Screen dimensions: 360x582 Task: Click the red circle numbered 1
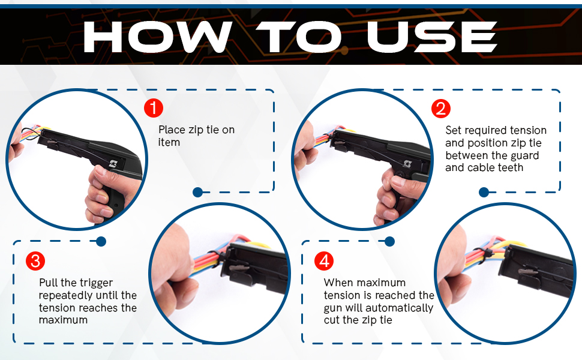click(x=154, y=109)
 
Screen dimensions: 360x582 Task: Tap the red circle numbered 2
click(x=441, y=109)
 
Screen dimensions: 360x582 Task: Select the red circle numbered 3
click(x=35, y=261)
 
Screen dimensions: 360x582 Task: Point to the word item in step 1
click(x=169, y=142)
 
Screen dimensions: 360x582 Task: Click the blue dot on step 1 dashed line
click(x=197, y=192)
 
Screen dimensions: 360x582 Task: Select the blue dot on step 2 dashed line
click(x=484, y=192)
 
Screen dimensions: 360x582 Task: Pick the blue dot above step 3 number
click(x=101, y=241)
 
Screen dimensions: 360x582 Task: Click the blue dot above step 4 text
click(x=389, y=241)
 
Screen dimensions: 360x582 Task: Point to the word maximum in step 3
click(x=63, y=320)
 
